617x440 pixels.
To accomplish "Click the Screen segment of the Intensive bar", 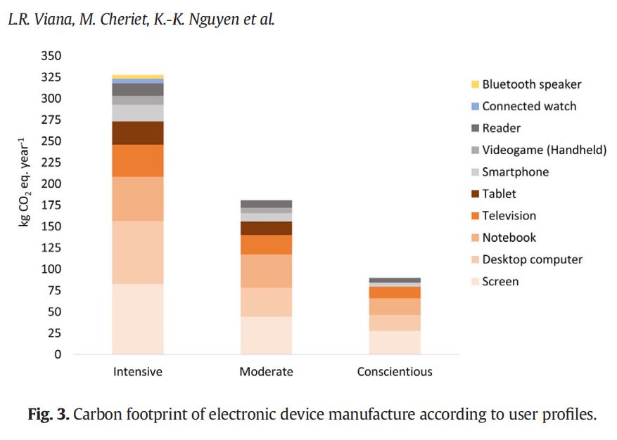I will (137, 318).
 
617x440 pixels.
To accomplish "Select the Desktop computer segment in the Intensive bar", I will (137, 252).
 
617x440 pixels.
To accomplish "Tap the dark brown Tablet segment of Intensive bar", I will (137, 133).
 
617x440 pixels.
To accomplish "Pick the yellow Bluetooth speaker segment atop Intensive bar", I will (137, 77).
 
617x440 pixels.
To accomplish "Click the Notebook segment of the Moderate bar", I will (266, 271).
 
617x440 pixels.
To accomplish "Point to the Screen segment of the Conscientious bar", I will (395, 342).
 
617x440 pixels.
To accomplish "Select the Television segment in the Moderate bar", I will (266, 244).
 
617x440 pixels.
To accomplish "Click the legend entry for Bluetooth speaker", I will (531, 84).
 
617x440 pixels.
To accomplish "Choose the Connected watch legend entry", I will (528, 106).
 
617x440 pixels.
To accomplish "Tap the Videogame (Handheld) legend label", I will (544, 150).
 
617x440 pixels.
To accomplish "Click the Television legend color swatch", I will (475, 216).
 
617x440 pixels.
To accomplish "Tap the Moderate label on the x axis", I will (266, 371).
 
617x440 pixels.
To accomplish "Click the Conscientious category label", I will (395, 371).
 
